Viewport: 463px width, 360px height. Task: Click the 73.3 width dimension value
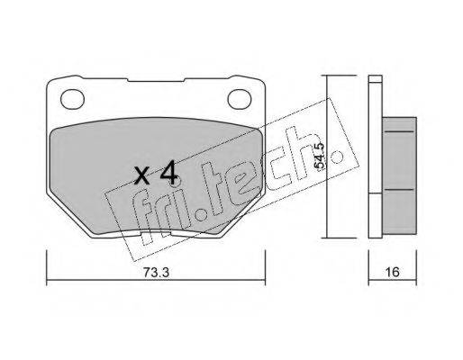[x=156, y=272]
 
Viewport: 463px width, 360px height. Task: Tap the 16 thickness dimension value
[x=392, y=272]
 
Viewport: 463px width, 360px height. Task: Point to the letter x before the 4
[x=141, y=176]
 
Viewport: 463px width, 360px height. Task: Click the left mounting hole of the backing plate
[x=72, y=99]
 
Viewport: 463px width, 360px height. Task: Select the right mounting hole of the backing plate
[x=240, y=99]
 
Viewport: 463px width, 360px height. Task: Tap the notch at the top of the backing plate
[x=156, y=80]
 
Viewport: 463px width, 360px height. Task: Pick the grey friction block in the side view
[x=399, y=175]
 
